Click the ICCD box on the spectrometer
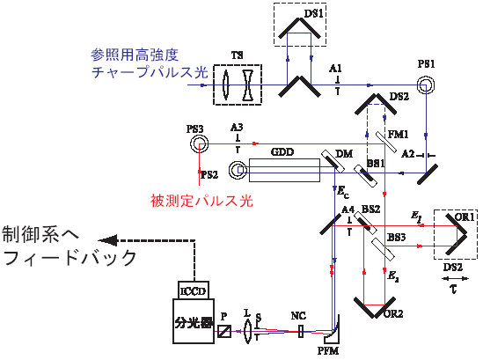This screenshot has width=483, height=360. (194, 290)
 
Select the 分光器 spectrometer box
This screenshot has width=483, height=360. (194, 321)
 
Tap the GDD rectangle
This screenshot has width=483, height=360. (284, 170)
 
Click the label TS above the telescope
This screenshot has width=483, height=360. (237, 55)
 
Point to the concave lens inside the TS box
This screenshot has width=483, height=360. (248, 85)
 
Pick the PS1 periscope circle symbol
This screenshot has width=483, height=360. (426, 85)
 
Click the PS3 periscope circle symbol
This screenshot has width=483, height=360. (199, 143)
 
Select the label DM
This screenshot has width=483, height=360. (344, 153)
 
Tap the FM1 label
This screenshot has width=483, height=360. (399, 135)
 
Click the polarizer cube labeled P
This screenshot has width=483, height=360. (224, 331)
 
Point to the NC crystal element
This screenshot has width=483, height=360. (301, 332)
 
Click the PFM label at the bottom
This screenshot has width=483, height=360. (328, 350)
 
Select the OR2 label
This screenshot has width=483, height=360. (393, 313)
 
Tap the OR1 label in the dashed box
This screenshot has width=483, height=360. (465, 217)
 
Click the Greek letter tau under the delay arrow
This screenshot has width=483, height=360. (453, 289)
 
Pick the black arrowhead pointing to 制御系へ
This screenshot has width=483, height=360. (107, 240)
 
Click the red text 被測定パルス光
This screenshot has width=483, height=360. (201, 201)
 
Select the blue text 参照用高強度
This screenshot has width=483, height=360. (135, 55)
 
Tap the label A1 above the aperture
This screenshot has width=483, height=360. (335, 69)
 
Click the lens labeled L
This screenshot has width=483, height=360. (247, 331)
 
